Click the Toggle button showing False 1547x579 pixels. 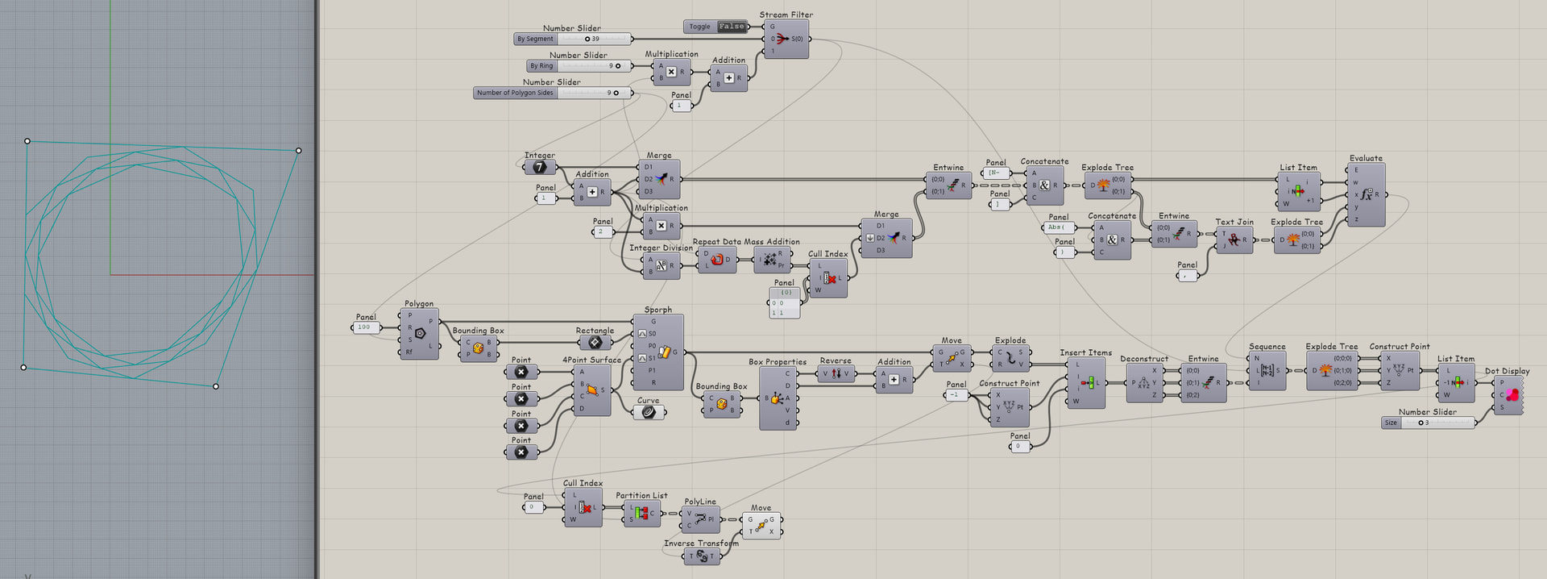(732, 27)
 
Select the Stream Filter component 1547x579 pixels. (786, 39)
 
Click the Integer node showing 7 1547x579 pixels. (539, 167)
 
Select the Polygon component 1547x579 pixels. (419, 333)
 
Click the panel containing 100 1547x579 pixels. (366, 327)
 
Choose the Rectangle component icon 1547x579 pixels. (595, 343)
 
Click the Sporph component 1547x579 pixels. (664, 352)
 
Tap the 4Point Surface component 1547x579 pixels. (592, 390)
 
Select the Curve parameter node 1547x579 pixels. (649, 412)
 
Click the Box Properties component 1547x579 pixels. (778, 398)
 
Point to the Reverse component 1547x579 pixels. (836, 373)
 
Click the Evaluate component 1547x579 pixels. (1366, 194)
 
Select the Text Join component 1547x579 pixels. (1234, 240)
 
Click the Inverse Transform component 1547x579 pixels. (701, 556)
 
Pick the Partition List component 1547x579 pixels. (641, 513)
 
